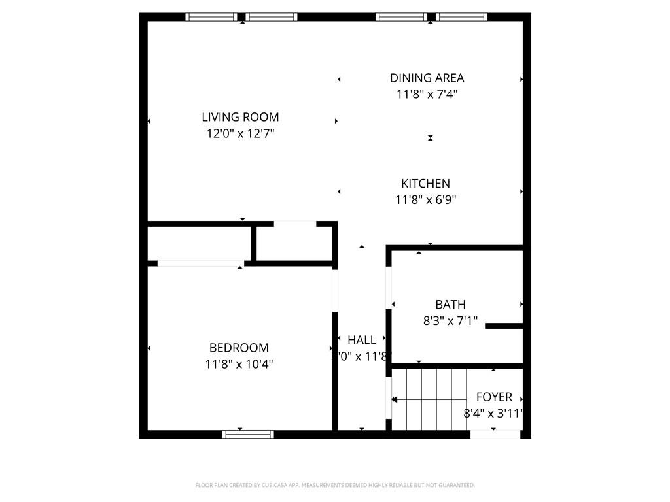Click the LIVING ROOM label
pos(240,118)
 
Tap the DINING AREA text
pos(427,78)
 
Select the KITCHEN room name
pos(425,184)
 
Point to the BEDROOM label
pos(239,348)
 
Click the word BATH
pos(450,304)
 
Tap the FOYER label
pos(494,397)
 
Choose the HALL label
pos(362,340)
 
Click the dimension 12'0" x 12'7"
pos(240,134)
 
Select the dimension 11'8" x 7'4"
pos(427,94)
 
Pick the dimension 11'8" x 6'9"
pos(425,200)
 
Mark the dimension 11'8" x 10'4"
pos(239,364)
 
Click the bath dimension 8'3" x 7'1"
pos(450,321)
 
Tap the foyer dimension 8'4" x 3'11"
pos(493,413)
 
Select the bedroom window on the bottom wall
pos(248,434)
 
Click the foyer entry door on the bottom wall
pos(495,434)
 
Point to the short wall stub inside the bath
pos(504,326)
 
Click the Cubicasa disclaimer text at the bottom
pos(335,485)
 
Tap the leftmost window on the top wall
pos(211,17)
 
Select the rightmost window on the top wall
pos(463,17)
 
